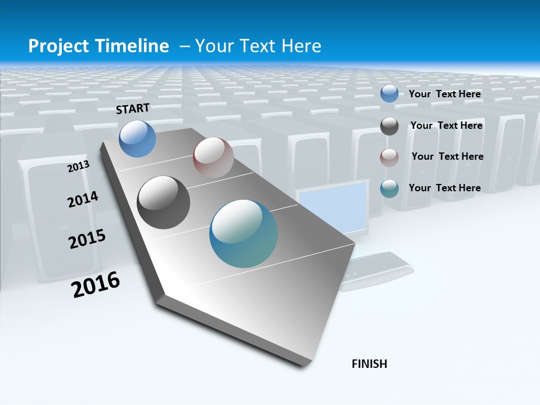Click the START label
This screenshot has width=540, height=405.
tap(133, 109)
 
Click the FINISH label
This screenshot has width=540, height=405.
tap(370, 364)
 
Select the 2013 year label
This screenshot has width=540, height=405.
tap(79, 166)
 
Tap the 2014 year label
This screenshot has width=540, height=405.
tap(83, 199)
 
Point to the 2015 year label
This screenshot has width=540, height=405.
tap(87, 239)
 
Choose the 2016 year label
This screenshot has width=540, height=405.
tap(96, 284)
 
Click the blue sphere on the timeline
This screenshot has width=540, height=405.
tap(138, 138)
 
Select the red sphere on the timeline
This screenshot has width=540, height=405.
tap(213, 157)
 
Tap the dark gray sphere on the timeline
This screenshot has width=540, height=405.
tap(164, 202)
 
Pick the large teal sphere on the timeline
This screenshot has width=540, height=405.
tap(244, 233)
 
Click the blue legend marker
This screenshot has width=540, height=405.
tap(389, 94)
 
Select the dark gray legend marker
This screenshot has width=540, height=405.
tap(389, 126)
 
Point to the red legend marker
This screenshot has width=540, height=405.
tap(389, 157)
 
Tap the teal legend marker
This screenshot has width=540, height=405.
tap(389, 188)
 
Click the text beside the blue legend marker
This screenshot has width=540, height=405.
tap(445, 94)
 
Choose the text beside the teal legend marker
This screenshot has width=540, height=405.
tap(445, 188)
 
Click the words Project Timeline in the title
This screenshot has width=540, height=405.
tap(98, 46)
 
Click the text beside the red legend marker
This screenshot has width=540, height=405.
tap(447, 156)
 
